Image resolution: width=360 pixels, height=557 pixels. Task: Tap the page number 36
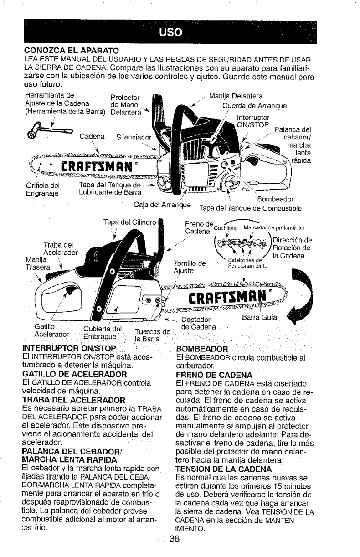(x=174, y=538)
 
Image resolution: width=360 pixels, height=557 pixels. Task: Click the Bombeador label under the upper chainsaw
(x=273, y=199)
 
